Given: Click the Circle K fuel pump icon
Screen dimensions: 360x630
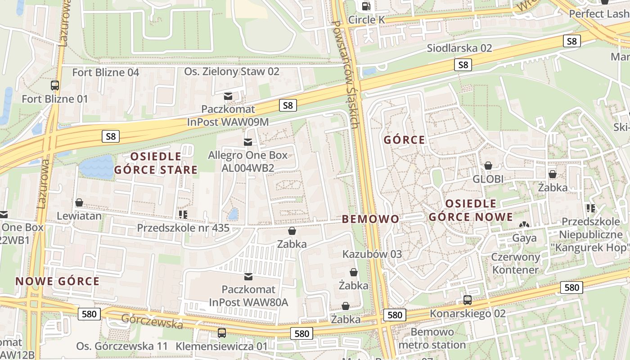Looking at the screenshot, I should coord(367,6).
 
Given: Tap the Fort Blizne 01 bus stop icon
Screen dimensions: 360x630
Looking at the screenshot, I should coord(55,85).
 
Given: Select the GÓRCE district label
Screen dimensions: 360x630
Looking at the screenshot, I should coord(404,140).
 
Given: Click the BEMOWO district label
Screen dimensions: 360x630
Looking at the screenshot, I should coord(370,219).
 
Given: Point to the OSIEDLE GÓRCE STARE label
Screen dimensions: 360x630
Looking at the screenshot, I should coord(156,163).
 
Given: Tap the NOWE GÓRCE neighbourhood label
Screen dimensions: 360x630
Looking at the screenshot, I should coord(57,282).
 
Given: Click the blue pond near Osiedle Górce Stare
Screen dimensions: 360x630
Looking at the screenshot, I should coord(97,167).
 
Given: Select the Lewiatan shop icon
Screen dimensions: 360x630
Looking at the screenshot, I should coord(79,202).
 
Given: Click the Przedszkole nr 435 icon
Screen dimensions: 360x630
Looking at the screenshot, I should coord(183,214).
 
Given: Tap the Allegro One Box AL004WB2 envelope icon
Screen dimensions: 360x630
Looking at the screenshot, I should coord(247,142).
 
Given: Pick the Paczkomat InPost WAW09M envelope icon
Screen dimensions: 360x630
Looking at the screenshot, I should coord(228,96).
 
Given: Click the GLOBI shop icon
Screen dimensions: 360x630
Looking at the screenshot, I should coord(488,166).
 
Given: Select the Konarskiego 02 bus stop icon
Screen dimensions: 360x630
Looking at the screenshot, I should coord(468,300).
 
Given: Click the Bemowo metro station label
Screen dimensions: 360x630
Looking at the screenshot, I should coord(432,338).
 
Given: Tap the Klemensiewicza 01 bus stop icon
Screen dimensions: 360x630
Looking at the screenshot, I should coord(221,333).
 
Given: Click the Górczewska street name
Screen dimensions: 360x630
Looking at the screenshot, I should coord(152,321).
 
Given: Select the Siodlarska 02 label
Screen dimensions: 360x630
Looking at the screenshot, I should coord(459,48).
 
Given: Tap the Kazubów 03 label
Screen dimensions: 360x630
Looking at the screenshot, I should coord(372,254).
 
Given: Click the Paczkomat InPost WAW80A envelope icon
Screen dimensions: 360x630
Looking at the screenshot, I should coord(248,276).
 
